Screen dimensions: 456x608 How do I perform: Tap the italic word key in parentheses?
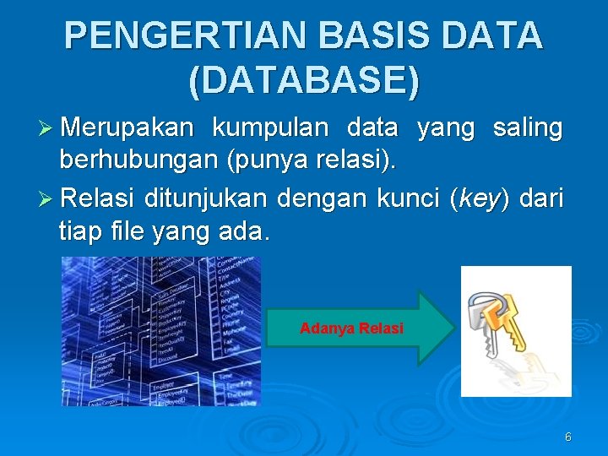tap(480, 201)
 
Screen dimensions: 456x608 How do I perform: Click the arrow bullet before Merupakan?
tap(48, 129)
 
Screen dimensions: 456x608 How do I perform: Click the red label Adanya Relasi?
tap(351, 328)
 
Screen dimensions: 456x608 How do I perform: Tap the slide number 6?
tap(567, 437)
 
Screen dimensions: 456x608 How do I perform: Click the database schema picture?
tap(160, 331)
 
